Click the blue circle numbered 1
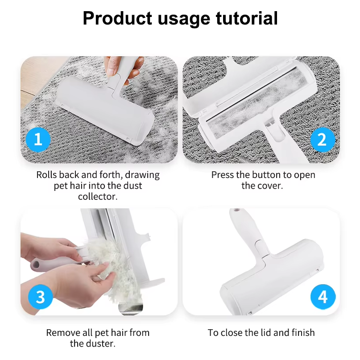click(38, 139)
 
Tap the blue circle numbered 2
click(323, 139)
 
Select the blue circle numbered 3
click(41, 297)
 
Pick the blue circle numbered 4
click(323, 297)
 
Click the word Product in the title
click(117, 18)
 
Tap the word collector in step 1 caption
click(98, 197)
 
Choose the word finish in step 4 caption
click(303, 333)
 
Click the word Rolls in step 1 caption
click(46, 175)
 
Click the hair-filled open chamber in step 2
click(257, 104)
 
